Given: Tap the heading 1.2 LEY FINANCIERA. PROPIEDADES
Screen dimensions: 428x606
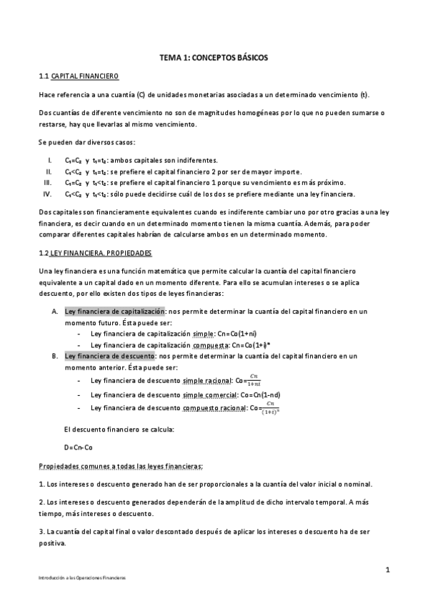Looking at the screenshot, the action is coord(96,254).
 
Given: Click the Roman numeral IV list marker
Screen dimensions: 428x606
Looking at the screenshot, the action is coord(48,194).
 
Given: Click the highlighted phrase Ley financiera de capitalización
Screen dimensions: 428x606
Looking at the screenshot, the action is coord(115,311).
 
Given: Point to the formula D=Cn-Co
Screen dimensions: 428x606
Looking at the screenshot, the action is coord(78,447).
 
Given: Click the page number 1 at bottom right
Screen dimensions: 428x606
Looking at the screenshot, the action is coord(387,570).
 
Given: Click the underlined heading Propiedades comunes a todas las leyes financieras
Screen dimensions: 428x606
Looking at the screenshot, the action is coord(121,466).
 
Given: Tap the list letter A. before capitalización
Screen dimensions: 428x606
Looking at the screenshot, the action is coord(55,311).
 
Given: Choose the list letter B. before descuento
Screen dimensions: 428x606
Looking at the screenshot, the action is coord(55,355).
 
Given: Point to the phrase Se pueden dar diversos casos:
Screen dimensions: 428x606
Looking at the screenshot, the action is coord(82,141).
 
